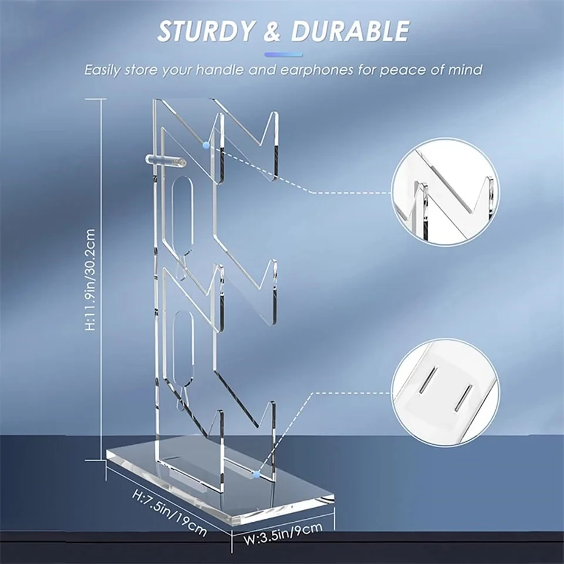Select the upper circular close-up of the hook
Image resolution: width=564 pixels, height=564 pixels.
445,192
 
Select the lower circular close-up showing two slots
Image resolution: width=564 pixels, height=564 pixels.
445,391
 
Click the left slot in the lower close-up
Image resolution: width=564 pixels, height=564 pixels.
431,381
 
